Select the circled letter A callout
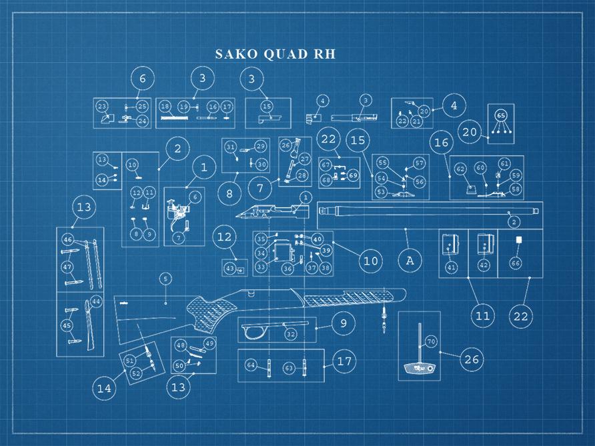(x=410, y=261)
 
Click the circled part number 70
(x=431, y=341)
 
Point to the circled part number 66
(x=516, y=264)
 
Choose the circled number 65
(x=501, y=115)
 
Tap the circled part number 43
(x=229, y=268)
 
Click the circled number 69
(x=353, y=175)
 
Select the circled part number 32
(x=291, y=333)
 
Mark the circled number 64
(x=251, y=365)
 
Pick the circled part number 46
(x=67, y=239)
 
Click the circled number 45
(x=67, y=325)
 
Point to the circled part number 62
(x=460, y=169)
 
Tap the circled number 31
(x=231, y=147)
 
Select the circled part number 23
(x=102, y=107)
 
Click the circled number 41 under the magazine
(x=452, y=267)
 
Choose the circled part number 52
(x=136, y=373)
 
